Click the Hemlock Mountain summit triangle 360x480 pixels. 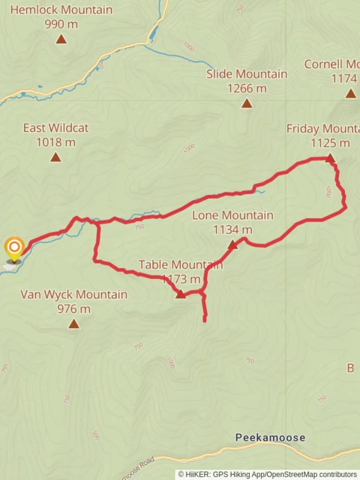point(61,40)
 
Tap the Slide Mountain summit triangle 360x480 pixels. point(247,104)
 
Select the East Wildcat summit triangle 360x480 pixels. point(56,157)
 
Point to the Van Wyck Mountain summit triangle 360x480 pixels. point(74,324)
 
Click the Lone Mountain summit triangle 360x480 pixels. point(232,245)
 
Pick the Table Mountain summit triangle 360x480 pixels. point(180,294)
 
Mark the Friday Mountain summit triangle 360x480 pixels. point(330,158)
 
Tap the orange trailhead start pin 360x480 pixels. point(15,247)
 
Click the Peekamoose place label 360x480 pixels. point(270,438)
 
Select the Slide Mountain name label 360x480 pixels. point(247,74)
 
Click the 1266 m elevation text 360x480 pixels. point(247,88)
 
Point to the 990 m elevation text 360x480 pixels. point(61,24)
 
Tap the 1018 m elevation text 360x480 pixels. point(56,142)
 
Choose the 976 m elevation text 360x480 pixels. point(74,308)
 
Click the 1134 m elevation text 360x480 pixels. point(232,230)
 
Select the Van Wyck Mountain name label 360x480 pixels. point(74,294)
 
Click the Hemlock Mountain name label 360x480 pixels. point(61,10)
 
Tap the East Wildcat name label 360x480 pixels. point(56,128)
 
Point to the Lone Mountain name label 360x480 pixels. point(232,216)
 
